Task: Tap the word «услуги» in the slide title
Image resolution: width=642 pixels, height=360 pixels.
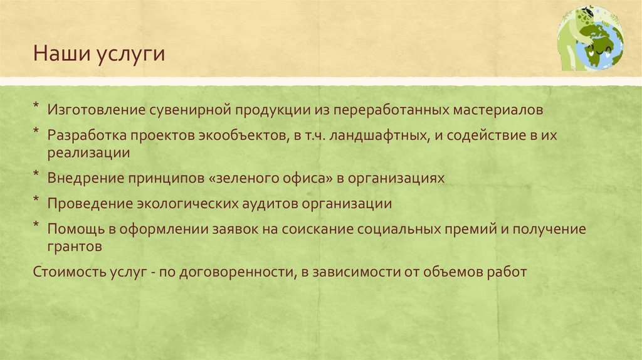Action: [130, 55]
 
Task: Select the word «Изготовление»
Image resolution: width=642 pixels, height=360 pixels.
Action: [96, 110]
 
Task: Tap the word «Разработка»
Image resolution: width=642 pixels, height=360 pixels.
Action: [90, 136]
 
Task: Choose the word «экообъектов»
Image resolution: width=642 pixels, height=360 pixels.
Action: [244, 136]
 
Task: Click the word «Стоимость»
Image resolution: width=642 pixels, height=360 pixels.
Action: [67, 272]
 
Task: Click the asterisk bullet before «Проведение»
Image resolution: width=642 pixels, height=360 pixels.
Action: [37, 201]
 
